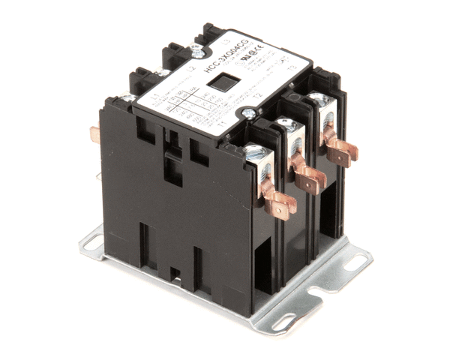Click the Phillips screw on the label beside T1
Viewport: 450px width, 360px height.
[247, 114]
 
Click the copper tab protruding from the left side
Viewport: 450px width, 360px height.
[95, 136]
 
